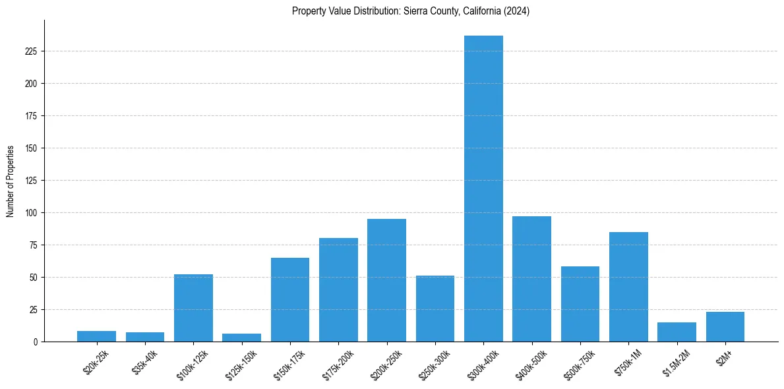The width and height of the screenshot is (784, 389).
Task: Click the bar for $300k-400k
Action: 483,189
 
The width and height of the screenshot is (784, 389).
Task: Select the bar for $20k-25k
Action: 96,336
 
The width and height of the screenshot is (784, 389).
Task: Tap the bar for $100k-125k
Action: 193,308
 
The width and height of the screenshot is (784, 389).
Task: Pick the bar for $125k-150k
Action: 241,338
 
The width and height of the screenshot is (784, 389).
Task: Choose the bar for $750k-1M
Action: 628,287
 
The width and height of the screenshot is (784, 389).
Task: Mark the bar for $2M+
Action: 725,327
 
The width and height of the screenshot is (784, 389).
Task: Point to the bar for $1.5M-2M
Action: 677,332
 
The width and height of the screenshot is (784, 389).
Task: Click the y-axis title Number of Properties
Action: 11,181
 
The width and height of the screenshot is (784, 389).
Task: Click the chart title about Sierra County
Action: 411,11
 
